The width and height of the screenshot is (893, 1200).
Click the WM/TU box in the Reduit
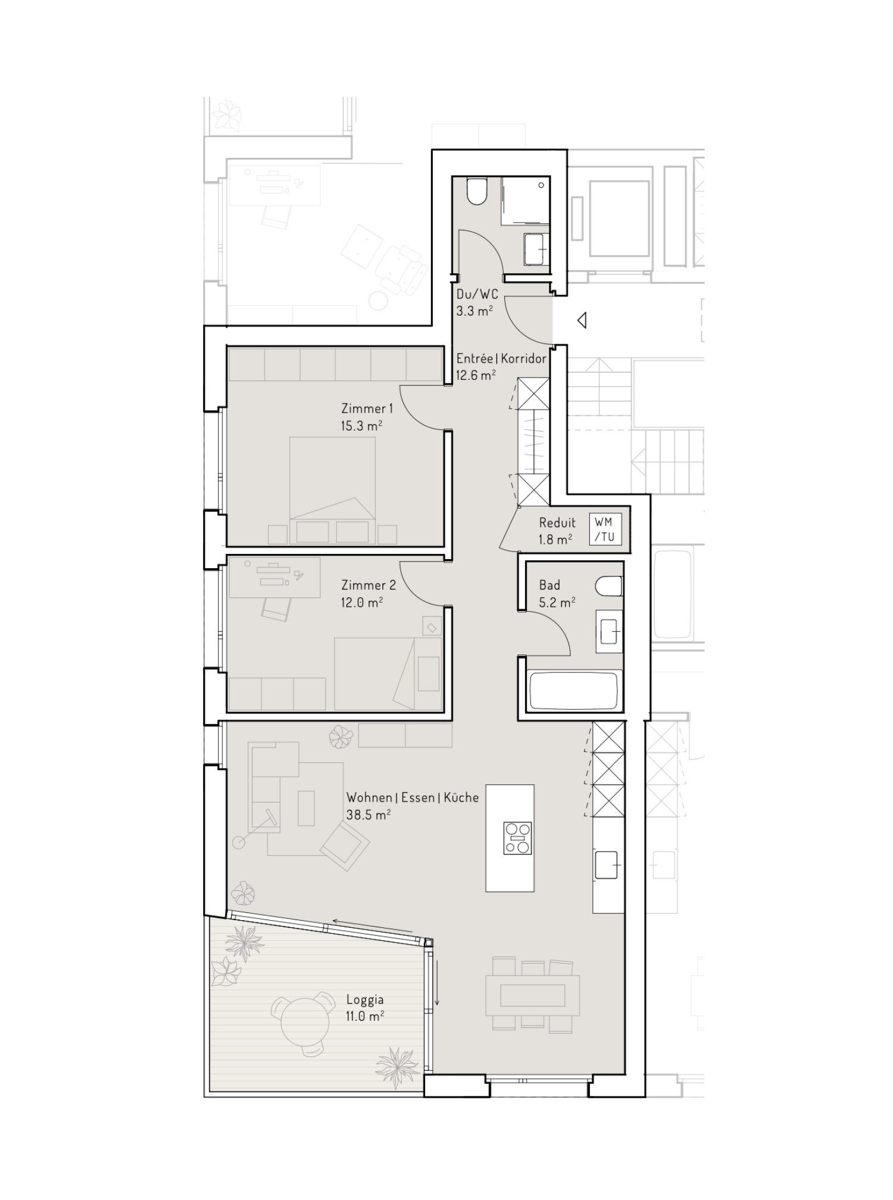tap(605, 529)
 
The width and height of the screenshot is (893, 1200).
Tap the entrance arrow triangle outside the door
tap(582, 320)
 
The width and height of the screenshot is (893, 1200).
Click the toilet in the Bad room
tap(610, 585)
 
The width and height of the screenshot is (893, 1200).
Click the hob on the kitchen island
tap(517, 838)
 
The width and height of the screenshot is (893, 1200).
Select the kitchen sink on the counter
tap(608, 865)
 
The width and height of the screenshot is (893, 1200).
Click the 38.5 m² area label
tap(368, 814)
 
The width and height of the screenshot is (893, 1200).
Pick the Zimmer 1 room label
tap(367, 409)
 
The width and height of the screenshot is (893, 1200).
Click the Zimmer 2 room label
tap(368, 585)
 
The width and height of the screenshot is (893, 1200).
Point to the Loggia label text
tap(365, 999)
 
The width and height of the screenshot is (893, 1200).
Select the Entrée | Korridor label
tap(501, 359)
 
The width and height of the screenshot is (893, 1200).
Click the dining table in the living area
tap(532, 995)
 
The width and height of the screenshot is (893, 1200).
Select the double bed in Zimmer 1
tap(332, 482)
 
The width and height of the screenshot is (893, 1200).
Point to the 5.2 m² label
tap(557, 602)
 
